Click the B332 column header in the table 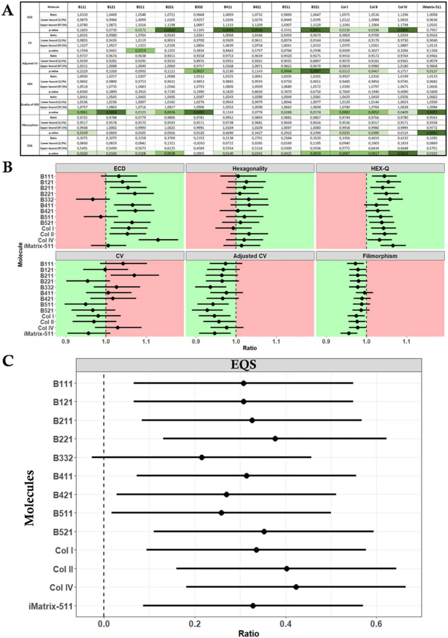(199, 7)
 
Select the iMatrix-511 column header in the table (431, 7)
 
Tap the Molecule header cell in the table (54, 7)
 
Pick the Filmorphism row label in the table (30, 125)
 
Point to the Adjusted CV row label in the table (30, 63)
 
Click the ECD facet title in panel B (119, 168)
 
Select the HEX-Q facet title (380, 168)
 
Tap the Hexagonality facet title (250, 168)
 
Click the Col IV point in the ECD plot (158, 240)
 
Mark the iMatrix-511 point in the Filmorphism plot (349, 333)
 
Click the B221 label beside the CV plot (47, 281)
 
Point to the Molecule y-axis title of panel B (20, 255)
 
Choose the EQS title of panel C (243, 365)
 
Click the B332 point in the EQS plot (202, 457)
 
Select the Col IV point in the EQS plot (296, 587)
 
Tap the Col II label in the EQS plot (63, 569)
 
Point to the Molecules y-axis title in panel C (29, 498)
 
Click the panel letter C (7, 360)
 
